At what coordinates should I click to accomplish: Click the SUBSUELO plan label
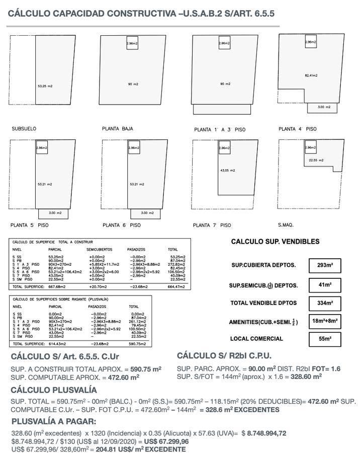click(24, 129)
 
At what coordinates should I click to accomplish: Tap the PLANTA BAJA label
click(117, 129)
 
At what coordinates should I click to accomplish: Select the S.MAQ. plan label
click(286, 225)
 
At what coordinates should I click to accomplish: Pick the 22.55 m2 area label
click(316, 160)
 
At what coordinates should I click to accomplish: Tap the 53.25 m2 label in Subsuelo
click(45, 87)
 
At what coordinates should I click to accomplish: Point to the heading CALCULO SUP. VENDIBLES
click(275, 242)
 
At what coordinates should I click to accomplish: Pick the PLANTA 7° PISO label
click(212, 225)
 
